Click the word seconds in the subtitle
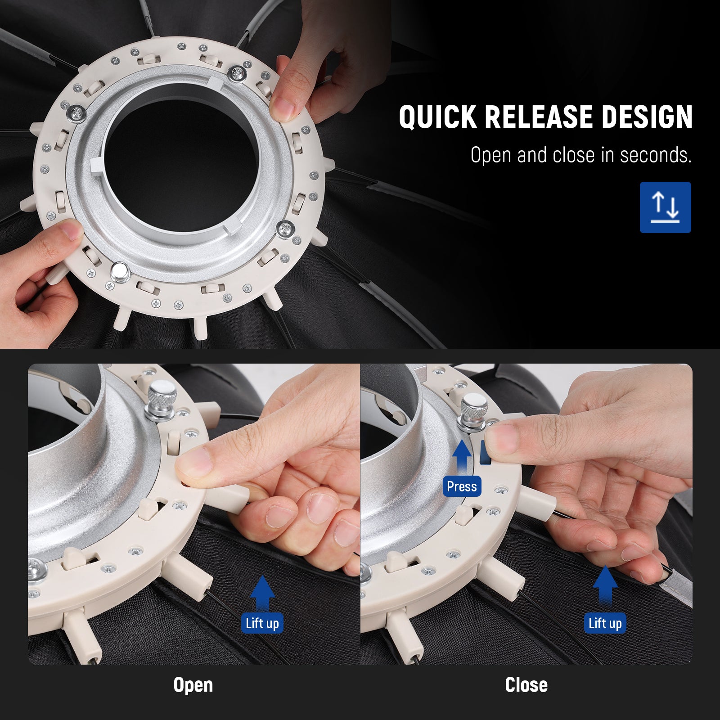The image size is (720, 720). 656,155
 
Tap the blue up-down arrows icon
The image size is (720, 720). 665,207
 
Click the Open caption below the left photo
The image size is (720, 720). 193,685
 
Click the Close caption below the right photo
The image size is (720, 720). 526,685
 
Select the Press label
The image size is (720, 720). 462,486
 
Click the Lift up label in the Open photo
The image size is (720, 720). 262,623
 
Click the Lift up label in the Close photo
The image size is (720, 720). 605,623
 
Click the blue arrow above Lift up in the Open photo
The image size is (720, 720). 262,592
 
